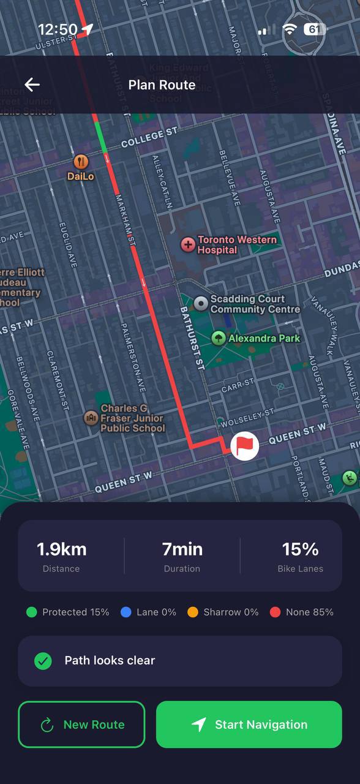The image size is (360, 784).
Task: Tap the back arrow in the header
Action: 32,85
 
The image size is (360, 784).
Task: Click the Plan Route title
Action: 162,85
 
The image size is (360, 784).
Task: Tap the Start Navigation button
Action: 249,725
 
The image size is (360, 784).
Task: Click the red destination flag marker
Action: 244,445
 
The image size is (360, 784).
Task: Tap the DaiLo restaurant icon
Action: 81,162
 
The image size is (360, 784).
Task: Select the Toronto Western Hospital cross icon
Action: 188,245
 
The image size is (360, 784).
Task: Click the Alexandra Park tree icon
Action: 219,337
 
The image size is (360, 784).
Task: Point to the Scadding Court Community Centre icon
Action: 201,303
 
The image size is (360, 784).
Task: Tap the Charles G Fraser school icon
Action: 91,418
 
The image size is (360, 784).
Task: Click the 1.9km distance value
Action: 61,549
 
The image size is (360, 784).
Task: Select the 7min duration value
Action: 182,549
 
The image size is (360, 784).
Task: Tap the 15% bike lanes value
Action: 300,549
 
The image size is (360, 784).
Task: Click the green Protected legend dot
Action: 32,612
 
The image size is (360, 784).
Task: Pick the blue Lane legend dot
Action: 126,612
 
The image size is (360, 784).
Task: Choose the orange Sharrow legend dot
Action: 193,612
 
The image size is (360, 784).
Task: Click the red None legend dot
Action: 276,612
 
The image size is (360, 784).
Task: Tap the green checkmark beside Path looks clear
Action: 43,661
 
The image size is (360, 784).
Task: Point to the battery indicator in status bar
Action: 315,29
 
